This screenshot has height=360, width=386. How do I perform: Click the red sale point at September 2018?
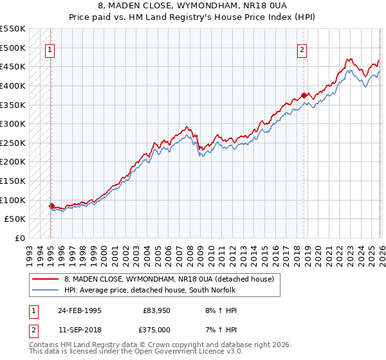(x=304, y=95)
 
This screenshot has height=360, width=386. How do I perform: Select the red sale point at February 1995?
(x=51, y=206)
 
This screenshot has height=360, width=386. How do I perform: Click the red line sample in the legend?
(x=45, y=279)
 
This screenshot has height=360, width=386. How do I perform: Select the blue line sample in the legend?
(x=45, y=290)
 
